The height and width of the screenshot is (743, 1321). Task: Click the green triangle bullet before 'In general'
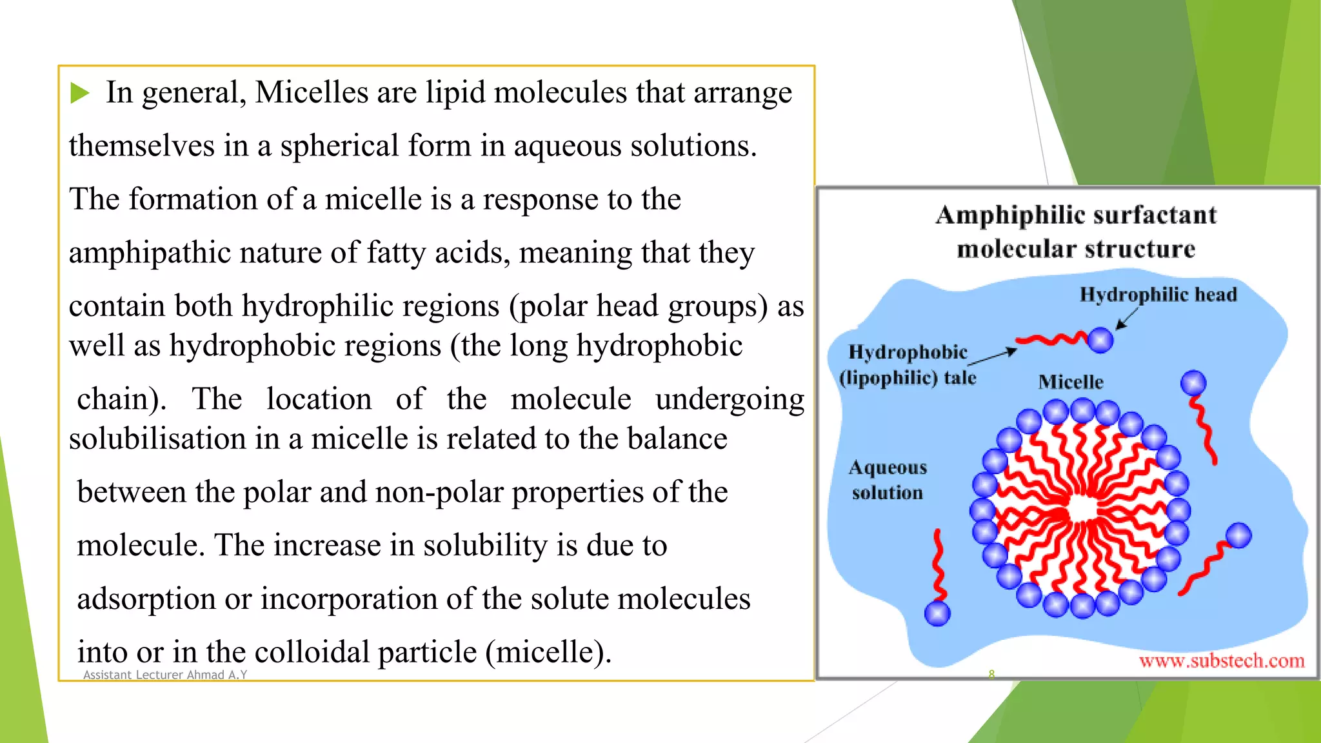pyautogui.click(x=79, y=93)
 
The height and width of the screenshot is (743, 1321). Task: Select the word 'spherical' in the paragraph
pyautogui.click(x=339, y=146)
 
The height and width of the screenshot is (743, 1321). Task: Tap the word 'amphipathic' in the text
pyautogui.click(x=150, y=253)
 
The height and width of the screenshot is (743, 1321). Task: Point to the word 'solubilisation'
pyautogui.click(x=157, y=439)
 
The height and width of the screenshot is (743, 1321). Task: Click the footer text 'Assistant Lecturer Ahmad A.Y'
pyautogui.click(x=165, y=675)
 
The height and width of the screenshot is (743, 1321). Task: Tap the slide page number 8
pyautogui.click(x=991, y=674)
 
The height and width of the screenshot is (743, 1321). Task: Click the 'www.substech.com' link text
pyautogui.click(x=1221, y=660)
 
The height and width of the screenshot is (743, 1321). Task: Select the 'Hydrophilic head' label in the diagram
pyautogui.click(x=1158, y=295)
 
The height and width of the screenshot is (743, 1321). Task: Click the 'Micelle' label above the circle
pyautogui.click(x=1071, y=382)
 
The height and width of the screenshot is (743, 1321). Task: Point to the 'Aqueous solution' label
pyautogui.click(x=888, y=480)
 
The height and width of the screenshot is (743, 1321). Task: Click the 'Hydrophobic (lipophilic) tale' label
pyautogui.click(x=908, y=364)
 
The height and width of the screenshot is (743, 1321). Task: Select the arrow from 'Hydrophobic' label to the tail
pyautogui.click(x=993, y=357)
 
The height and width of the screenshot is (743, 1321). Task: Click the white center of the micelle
pyautogui.click(x=1082, y=510)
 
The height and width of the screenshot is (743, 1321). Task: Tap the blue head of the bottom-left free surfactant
pyautogui.click(x=937, y=613)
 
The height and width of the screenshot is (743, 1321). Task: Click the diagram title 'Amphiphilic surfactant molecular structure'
pyautogui.click(x=1076, y=232)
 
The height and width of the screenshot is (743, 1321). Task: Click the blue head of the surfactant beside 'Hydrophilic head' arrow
pyautogui.click(x=1100, y=340)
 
